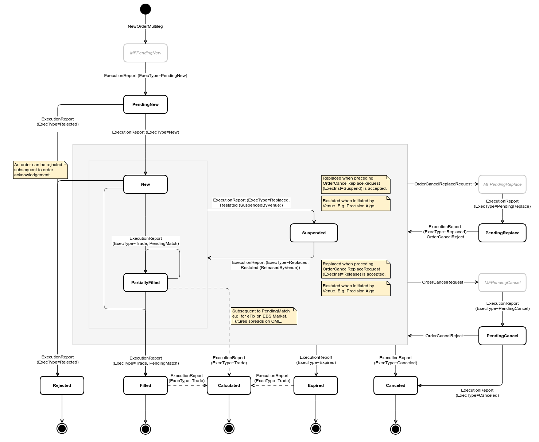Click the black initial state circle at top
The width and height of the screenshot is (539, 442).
pos(146,9)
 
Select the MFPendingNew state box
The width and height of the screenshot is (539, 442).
pos(146,53)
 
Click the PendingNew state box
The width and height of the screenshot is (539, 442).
pos(146,104)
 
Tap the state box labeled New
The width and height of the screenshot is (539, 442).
pos(146,184)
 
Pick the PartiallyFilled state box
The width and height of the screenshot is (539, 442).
pos(146,283)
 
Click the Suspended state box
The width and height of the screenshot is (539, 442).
pos(314,233)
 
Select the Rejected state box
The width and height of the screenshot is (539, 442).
pos(62,385)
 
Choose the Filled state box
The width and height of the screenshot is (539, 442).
pos(146,385)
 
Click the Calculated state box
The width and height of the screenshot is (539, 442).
pos(229,385)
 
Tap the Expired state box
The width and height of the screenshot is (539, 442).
pos(316,385)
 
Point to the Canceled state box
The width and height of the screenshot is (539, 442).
pos(396,385)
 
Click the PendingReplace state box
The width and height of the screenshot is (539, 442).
pos(502,233)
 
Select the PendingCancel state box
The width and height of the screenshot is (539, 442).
pos(502,336)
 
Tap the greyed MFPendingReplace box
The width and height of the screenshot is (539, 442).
pos(502,184)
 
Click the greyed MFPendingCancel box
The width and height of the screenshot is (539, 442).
pos(502,283)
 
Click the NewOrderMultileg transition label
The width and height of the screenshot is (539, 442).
pos(145,26)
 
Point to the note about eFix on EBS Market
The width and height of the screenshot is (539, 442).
pos(264,316)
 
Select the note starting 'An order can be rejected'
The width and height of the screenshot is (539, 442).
pos(40,170)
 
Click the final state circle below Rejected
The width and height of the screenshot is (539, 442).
pos(62,428)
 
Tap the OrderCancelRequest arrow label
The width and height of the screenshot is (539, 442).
pos(442,282)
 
